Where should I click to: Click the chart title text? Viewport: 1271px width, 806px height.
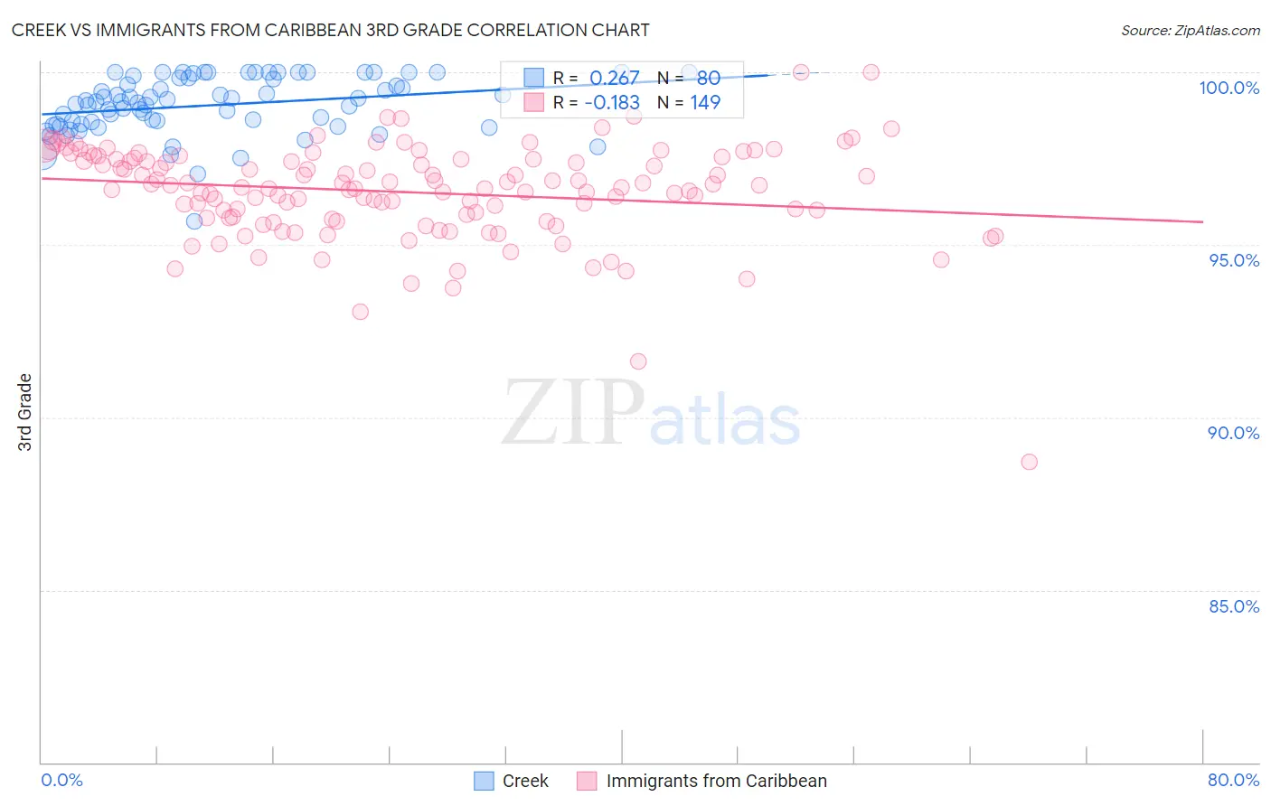click(x=330, y=30)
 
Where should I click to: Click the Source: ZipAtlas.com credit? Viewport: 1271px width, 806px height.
click(x=1190, y=30)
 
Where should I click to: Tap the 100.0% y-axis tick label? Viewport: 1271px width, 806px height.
click(x=1229, y=88)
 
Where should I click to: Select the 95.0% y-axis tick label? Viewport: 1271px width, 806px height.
click(x=1233, y=260)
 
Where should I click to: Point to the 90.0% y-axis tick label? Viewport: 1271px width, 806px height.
click(x=1233, y=433)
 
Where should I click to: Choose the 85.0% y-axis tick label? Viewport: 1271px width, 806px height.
click(x=1233, y=606)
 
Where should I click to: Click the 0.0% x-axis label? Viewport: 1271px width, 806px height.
click(x=61, y=780)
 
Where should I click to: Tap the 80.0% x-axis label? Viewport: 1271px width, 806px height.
click(x=1233, y=780)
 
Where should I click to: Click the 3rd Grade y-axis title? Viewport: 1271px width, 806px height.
click(x=24, y=412)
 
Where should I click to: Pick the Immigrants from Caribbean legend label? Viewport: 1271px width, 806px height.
click(x=716, y=781)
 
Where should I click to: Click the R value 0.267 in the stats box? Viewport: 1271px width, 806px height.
click(x=614, y=78)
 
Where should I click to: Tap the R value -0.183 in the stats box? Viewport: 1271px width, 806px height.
click(x=612, y=102)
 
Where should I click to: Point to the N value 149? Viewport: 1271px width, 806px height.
click(x=705, y=102)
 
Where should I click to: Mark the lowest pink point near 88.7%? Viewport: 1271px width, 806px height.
click(x=1029, y=462)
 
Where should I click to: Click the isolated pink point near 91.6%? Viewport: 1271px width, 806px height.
click(x=638, y=361)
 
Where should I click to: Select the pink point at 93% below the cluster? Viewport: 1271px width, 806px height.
click(x=360, y=312)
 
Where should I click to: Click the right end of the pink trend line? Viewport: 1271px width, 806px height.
click(x=1202, y=221)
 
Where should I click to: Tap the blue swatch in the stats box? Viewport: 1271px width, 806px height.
click(x=534, y=78)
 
